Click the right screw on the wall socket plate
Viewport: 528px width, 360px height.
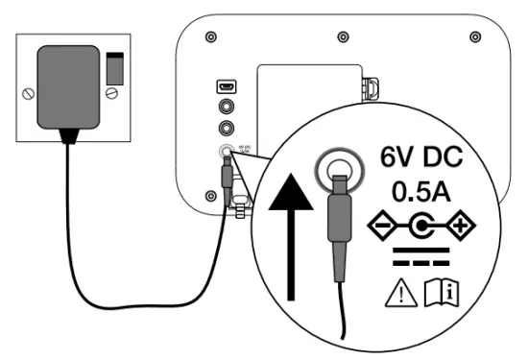pyautogui.click(x=115, y=92)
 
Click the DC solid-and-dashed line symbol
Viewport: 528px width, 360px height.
pyautogui.click(x=423, y=261)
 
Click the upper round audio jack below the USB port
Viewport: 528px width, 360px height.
pyautogui.click(x=226, y=108)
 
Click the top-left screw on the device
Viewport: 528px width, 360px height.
pyautogui.click(x=209, y=36)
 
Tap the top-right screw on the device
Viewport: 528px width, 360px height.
pyautogui.click(x=473, y=36)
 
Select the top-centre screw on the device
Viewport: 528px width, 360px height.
pyautogui.click(x=342, y=36)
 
